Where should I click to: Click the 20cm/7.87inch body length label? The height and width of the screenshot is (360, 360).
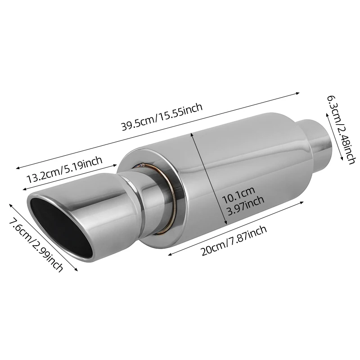pos(234,241)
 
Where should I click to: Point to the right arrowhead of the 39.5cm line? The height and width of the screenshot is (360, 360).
pos(298,94)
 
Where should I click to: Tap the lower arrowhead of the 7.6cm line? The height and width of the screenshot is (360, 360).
pos(77,270)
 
